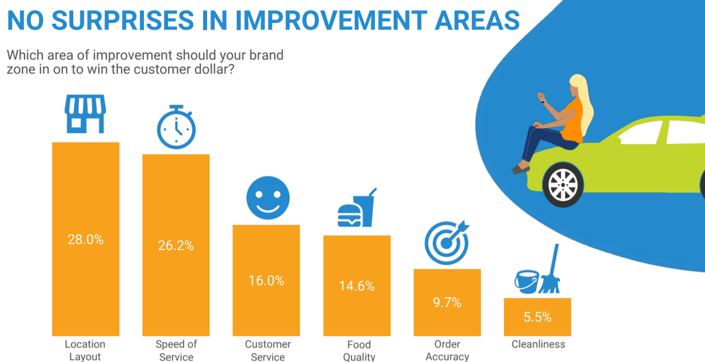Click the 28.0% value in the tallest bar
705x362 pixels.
coord(85,240)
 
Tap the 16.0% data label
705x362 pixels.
coord(266,281)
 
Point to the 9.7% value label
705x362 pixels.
coord(447,303)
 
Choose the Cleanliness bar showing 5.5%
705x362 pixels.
coord(537,325)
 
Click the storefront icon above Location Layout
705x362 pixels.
coord(85,114)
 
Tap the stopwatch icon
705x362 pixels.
coord(176,127)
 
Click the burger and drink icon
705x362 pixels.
coord(357,209)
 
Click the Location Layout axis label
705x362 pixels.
coord(85,350)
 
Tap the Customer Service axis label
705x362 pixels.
coord(268,350)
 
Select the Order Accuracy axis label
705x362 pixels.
coord(447,350)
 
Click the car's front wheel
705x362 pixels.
coord(563,184)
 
